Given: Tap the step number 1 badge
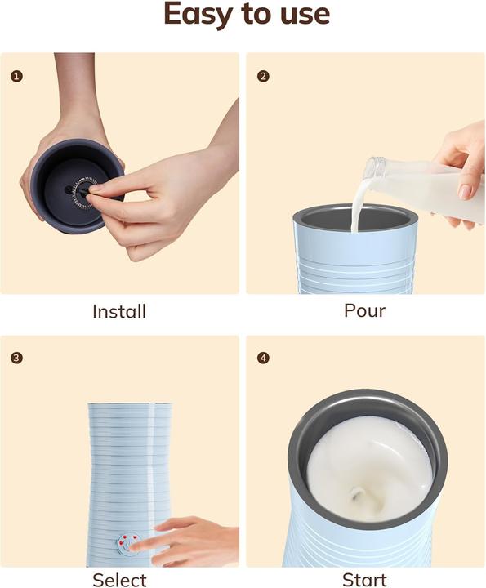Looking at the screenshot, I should pyautogui.click(x=17, y=76).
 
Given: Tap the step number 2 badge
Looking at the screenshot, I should pyautogui.click(x=263, y=76).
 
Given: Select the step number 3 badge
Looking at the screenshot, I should pyautogui.click(x=17, y=358).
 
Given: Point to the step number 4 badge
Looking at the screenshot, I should pyautogui.click(x=263, y=358).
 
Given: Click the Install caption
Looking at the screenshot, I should pyautogui.click(x=119, y=311).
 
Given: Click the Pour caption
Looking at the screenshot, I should pyautogui.click(x=364, y=311).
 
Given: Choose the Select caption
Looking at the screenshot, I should pyautogui.click(x=119, y=580).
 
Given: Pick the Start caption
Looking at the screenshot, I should pyautogui.click(x=364, y=580).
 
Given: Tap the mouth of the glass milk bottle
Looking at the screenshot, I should pyautogui.click(x=373, y=168).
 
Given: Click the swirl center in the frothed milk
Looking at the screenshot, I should pyautogui.click(x=357, y=492).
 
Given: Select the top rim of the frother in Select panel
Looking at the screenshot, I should pyautogui.click(x=130, y=404).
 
